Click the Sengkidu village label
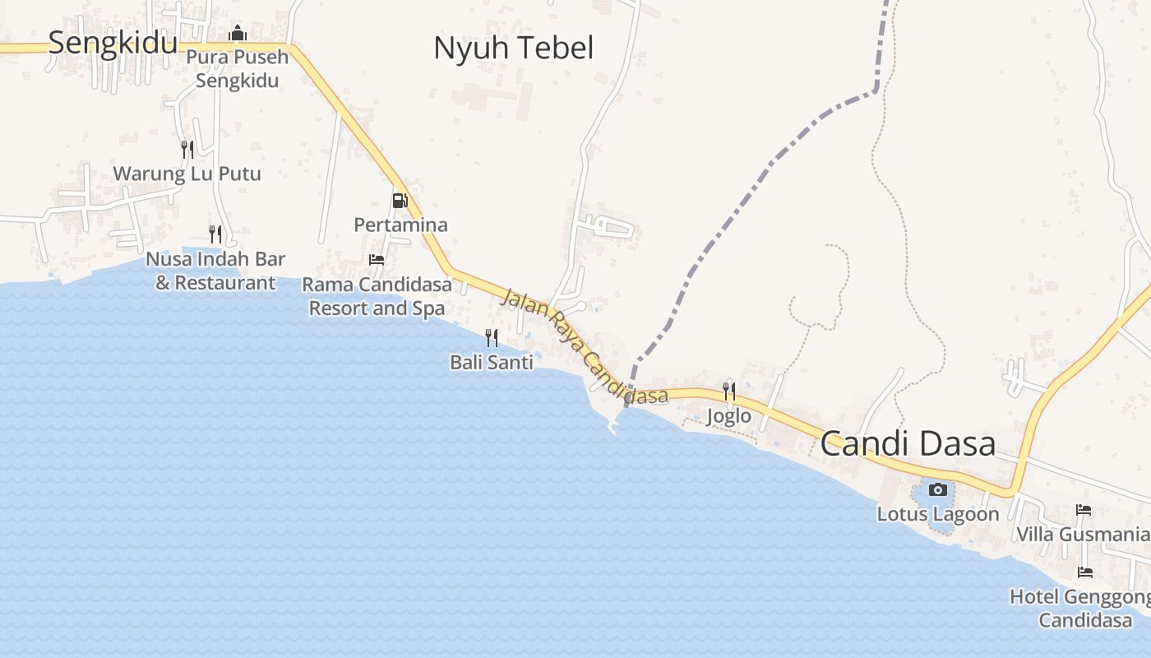113,42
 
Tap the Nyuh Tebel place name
513,48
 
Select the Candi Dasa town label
908,444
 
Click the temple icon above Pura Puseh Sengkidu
238,33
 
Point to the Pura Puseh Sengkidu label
238,69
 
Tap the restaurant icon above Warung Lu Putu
187,149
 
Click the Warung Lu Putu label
187,174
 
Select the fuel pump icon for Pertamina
400,200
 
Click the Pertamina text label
400,225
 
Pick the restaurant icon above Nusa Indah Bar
215,234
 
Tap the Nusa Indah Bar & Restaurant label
215,271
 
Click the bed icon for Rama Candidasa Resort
377,260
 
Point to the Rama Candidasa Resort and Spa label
377,296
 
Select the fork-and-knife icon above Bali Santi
492,337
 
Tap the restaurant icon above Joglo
729,391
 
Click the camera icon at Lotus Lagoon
937,490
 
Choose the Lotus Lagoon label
938,514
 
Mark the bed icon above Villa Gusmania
1084,511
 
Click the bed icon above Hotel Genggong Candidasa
1085,572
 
